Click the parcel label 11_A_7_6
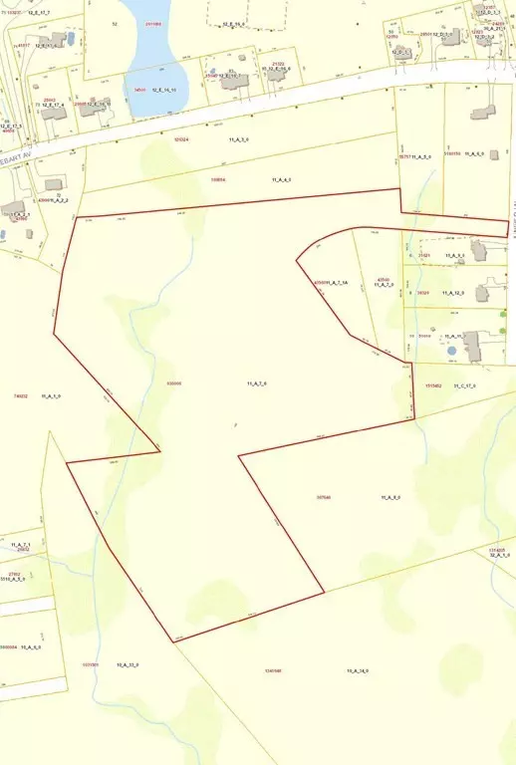(x=257, y=383)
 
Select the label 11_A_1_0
(x=52, y=396)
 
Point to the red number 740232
(x=20, y=396)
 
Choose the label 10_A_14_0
(x=358, y=670)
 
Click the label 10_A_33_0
(x=128, y=664)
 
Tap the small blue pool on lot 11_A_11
(x=452, y=351)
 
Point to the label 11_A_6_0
(x=473, y=153)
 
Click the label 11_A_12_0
(x=455, y=293)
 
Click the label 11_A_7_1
(x=20, y=544)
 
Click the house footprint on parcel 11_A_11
(x=471, y=346)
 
